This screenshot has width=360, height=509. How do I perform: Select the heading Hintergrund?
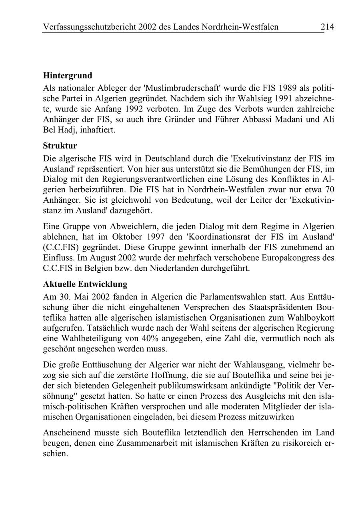68,75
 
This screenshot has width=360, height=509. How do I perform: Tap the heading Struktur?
60,146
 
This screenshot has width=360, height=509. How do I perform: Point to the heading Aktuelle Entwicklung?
85,284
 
